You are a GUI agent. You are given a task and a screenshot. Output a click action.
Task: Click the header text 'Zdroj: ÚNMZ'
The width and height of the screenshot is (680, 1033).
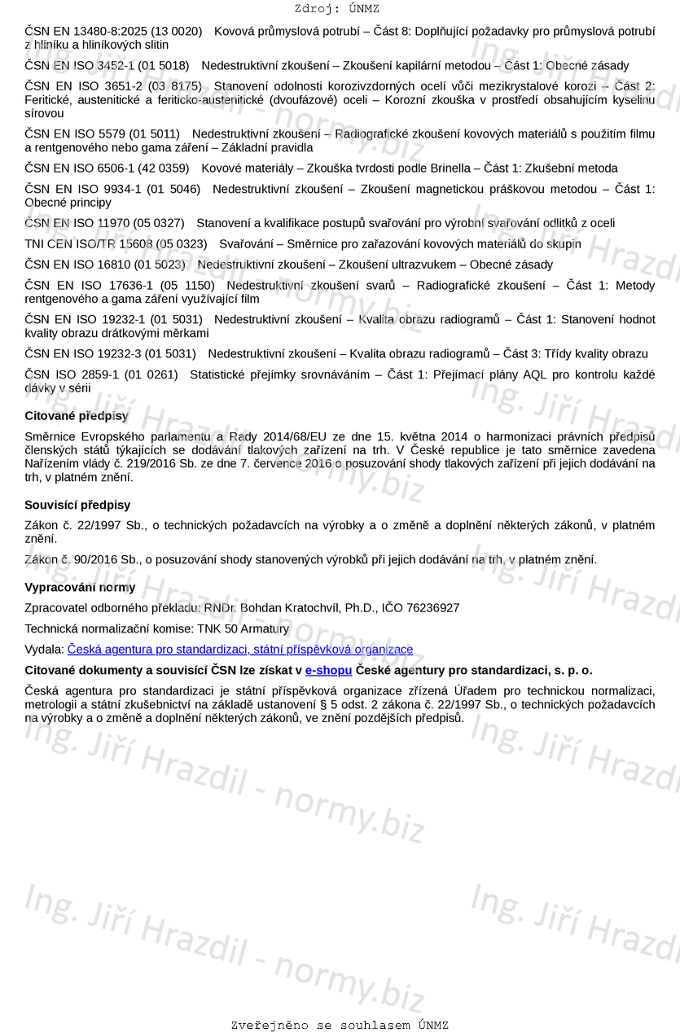click(x=337, y=9)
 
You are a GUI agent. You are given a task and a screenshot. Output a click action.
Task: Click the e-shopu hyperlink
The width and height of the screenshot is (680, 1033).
click(x=328, y=670)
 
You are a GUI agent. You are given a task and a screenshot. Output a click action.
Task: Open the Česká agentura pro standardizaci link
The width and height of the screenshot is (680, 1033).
click(x=240, y=650)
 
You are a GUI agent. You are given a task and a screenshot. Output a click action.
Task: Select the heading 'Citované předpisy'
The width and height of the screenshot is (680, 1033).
click(x=77, y=416)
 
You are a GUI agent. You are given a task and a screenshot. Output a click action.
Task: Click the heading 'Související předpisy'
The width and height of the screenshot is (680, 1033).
click(x=77, y=505)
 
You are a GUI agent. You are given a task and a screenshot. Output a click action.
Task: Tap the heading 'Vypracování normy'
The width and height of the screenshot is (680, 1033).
click(x=80, y=587)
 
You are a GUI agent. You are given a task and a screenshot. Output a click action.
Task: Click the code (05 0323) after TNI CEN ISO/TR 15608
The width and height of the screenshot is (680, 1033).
click(x=182, y=243)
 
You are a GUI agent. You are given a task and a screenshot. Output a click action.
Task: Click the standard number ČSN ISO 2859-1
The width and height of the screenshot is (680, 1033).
click(x=71, y=374)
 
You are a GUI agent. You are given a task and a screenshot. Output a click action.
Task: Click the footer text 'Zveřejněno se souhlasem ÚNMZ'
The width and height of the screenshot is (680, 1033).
click(x=340, y=1025)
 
